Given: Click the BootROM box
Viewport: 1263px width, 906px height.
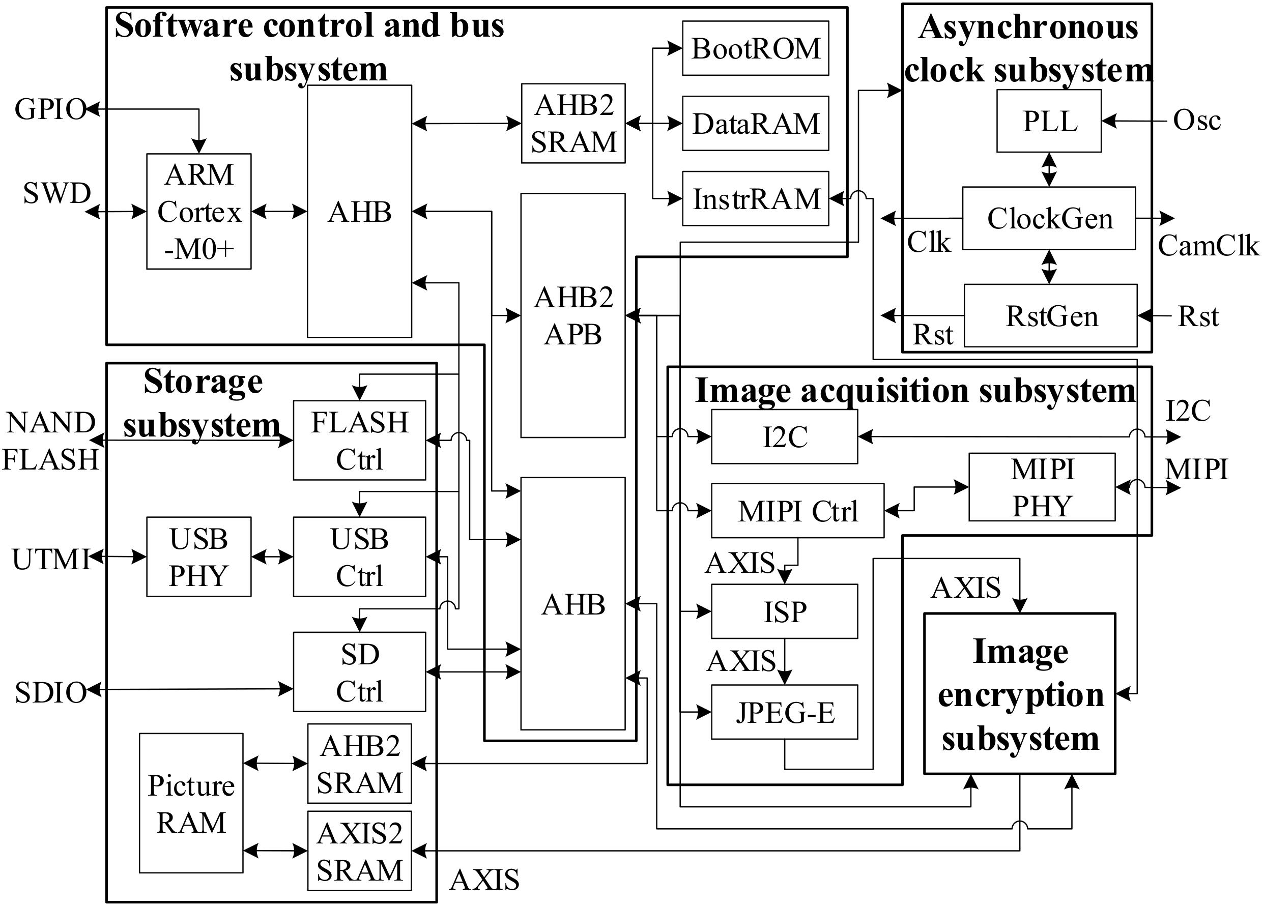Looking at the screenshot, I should (755, 48).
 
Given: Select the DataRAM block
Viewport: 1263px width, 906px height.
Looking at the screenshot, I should (755, 124).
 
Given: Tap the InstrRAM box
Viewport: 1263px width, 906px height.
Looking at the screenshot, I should (755, 199).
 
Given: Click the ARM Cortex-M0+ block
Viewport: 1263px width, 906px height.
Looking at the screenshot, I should (199, 212).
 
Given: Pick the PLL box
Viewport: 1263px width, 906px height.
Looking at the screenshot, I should (1049, 121).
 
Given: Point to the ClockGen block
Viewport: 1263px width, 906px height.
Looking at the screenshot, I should (1049, 218).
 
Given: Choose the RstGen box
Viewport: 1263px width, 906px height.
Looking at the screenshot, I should (1050, 316).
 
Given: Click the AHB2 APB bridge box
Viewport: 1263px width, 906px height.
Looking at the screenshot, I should (572, 316).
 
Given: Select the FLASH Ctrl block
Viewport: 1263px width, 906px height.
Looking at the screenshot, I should (359, 441).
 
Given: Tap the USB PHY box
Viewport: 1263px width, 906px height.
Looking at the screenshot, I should (199, 557).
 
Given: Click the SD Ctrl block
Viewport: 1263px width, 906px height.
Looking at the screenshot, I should (359, 672).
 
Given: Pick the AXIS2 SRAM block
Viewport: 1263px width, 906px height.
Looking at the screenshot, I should (359, 851).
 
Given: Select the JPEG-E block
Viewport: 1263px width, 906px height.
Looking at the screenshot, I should (784, 712).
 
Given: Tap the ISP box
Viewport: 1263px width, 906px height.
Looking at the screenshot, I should (784, 611).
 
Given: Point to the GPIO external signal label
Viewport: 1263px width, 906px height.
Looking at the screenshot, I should (50, 109).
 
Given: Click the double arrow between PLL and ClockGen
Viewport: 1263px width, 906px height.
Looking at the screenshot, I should (1049, 169).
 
